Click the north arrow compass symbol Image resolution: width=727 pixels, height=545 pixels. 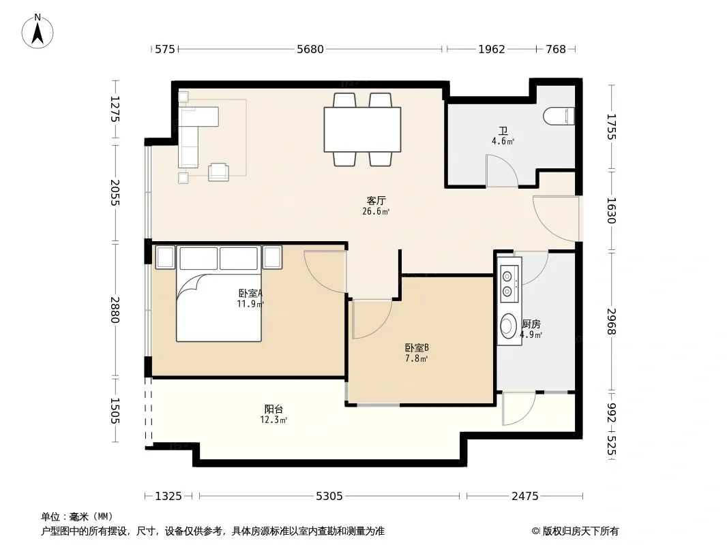click(38, 31)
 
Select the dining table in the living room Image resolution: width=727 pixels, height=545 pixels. click(362, 129)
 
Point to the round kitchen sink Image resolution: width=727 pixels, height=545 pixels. click(509, 326)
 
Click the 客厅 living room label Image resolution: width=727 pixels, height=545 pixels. click(376, 200)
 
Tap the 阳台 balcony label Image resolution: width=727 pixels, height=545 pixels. click(273, 409)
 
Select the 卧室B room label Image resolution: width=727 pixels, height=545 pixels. click(417, 347)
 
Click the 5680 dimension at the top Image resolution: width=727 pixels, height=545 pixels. click(310, 49)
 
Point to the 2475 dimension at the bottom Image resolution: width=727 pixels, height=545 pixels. click(525, 497)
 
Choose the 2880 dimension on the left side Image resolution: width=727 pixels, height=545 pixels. click(115, 310)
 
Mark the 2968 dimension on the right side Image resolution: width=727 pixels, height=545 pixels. click(611, 322)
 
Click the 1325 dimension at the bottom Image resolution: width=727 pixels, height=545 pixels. click(168, 497)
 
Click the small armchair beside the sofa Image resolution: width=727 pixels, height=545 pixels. click(218, 172)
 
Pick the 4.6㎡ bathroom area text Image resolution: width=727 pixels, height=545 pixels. click(503, 141)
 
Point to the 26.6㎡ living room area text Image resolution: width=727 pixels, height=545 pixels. click(376, 212)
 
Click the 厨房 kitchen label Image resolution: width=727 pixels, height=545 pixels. click(531, 324)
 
